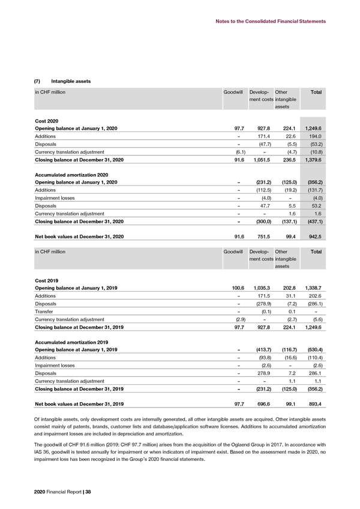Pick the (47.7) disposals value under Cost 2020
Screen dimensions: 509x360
coord(262,144)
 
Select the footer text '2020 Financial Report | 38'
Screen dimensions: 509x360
coord(61,493)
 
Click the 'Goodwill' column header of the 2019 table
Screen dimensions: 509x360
coord(233,252)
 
